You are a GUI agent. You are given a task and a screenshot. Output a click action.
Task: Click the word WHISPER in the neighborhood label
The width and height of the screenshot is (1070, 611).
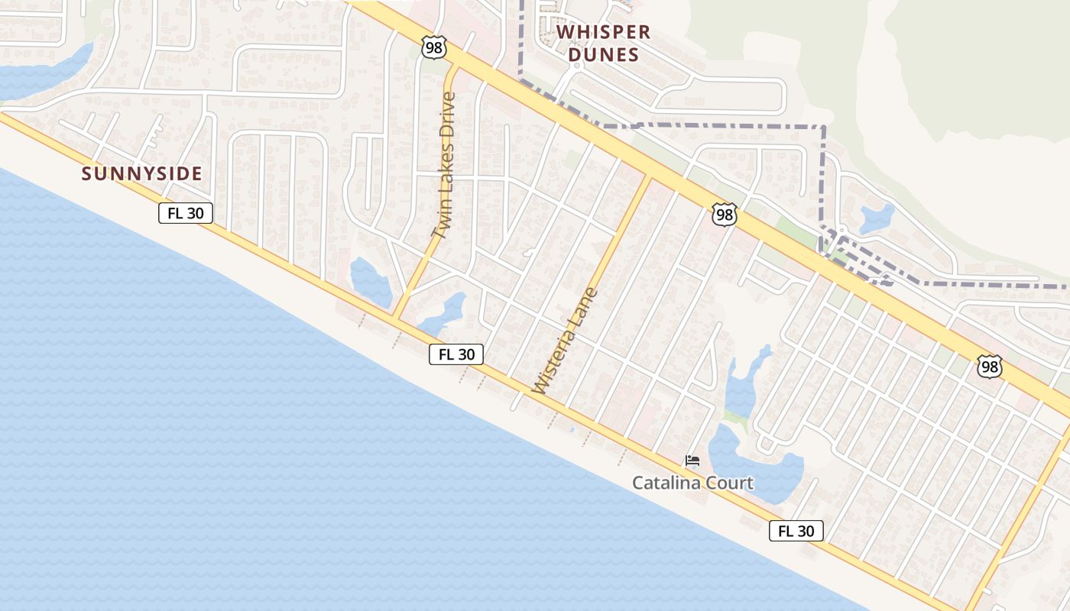coord(604,32)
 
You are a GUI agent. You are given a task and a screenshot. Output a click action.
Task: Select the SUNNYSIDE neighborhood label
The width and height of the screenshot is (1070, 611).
coord(142,174)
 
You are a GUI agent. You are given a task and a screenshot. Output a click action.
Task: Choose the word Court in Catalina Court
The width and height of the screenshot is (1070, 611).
coord(730,483)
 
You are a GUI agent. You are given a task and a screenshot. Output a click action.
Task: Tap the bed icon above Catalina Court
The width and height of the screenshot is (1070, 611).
coord(692,461)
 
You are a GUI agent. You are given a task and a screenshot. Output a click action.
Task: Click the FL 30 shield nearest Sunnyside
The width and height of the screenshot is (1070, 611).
coord(186,213)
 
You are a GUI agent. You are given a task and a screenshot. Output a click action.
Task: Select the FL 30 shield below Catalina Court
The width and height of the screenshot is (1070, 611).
coord(796,531)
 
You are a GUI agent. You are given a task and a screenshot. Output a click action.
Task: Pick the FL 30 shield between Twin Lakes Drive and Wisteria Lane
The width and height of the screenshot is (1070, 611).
coord(456,354)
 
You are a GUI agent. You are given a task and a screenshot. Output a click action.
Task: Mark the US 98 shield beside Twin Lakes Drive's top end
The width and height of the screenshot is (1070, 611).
coord(433,48)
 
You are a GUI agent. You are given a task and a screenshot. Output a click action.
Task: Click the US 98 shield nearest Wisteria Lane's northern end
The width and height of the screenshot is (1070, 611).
coord(724,215)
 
